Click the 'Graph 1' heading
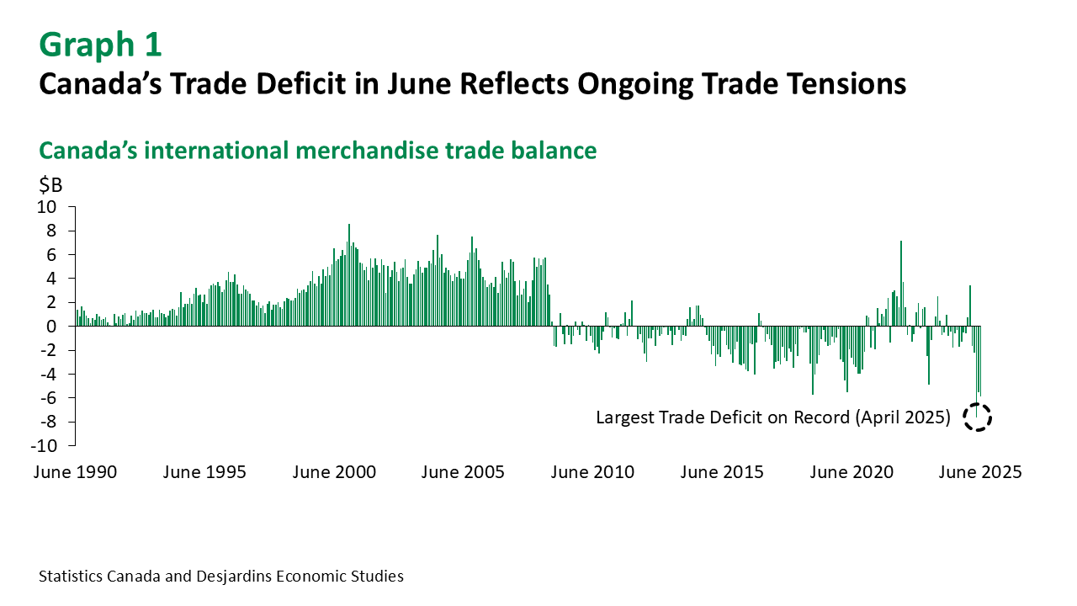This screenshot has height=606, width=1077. point(100,44)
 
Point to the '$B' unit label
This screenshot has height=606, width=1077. point(50,184)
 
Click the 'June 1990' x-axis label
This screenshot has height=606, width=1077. point(75,472)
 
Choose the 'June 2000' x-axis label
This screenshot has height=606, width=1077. point(334,472)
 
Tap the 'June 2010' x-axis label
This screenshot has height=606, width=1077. point(592,472)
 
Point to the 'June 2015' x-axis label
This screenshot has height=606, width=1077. point(722,472)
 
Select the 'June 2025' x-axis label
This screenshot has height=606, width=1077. point(980,472)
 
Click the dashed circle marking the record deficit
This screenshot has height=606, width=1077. point(978,417)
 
